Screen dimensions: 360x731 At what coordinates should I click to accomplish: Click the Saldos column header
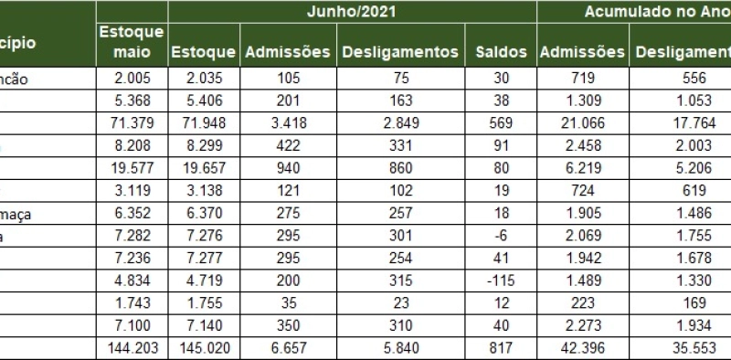pos(502,52)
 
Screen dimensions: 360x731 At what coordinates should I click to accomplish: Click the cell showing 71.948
pos(203,122)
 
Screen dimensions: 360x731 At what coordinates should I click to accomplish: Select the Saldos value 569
pos(502,122)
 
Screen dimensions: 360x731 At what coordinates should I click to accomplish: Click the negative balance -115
pos(502,281)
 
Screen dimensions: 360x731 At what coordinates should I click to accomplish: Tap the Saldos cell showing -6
pos(502,236)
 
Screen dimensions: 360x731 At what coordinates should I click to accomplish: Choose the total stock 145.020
pos(203,348)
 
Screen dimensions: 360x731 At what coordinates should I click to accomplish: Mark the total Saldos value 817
pos(502,348)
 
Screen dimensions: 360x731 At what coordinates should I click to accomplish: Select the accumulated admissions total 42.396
pos(582,348)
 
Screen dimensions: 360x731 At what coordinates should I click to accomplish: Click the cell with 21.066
pos(582,122)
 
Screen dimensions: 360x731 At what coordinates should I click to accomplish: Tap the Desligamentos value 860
pos(400,168)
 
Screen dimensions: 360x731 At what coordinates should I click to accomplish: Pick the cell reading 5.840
pos(400,348)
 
